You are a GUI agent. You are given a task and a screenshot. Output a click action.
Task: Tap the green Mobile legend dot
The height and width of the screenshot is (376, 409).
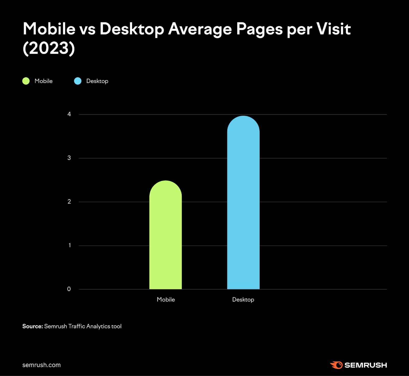[26, 81]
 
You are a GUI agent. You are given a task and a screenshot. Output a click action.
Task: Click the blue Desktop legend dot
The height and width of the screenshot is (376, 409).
[78, 81]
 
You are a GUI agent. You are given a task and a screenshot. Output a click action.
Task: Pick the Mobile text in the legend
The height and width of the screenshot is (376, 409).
[43, 81]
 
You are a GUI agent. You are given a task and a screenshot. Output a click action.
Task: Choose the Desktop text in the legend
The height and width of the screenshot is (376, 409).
[97, 81]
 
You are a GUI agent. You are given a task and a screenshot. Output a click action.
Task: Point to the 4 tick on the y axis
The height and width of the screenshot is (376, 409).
[69, 114]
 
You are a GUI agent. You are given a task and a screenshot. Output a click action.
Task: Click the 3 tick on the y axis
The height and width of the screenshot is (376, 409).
[69, 158]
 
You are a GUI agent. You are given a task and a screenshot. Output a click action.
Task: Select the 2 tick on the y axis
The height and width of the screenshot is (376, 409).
[69, 202]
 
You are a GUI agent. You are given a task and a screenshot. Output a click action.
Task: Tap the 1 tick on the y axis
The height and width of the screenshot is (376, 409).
[69, 245]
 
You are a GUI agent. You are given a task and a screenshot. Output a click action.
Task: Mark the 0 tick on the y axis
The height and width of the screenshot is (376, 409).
[69, 289]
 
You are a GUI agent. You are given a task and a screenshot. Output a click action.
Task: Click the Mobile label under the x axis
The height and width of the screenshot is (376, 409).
[166, 300]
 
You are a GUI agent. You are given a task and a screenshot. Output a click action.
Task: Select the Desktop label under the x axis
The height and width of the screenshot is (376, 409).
[243, 300]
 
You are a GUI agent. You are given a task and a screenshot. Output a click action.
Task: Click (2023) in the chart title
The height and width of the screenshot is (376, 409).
[49, 48]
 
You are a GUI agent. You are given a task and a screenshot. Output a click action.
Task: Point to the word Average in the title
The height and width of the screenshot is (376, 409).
[200, 29]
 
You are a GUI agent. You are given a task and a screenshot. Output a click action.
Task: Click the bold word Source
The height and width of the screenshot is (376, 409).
[32, 326]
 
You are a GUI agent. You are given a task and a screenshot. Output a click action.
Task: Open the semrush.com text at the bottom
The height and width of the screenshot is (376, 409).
[41, 365]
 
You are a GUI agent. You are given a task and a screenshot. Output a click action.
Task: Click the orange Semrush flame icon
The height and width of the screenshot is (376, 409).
[337, 365]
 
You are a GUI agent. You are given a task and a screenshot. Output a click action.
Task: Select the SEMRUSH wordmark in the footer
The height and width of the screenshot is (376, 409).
[366, 365]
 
